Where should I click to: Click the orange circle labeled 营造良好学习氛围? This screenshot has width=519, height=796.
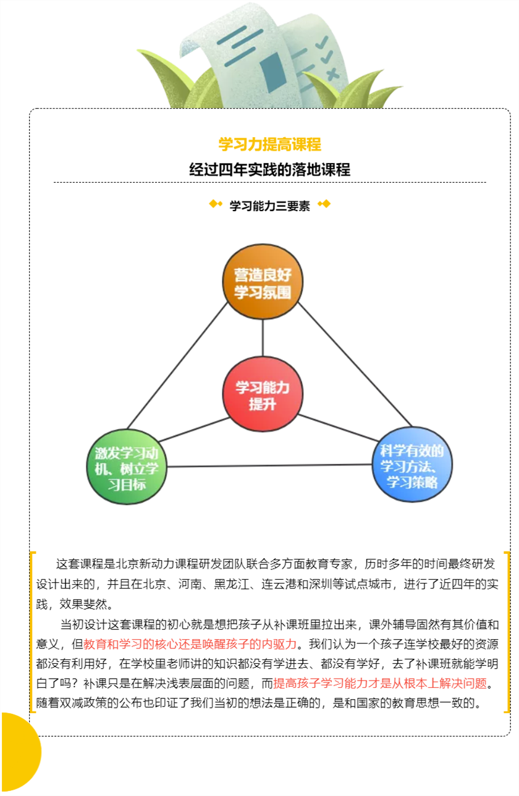263,281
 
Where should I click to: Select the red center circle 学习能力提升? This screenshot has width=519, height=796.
263,394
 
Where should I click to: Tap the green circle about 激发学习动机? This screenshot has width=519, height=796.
127,467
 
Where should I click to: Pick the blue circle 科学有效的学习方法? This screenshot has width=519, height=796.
412,464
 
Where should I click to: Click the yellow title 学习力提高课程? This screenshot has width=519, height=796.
270,145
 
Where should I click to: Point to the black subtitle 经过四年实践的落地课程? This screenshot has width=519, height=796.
270,169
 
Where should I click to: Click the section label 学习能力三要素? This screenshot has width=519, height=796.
270,206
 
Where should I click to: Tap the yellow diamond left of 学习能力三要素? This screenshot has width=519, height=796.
216,204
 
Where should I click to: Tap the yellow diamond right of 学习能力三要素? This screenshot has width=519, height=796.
324,204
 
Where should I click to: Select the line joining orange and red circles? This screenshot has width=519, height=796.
263,338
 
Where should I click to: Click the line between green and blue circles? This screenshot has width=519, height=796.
269,466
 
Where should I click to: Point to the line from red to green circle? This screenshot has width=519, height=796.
194,430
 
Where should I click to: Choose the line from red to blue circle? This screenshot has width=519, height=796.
338,427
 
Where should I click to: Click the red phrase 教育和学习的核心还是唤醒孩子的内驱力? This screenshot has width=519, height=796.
190,644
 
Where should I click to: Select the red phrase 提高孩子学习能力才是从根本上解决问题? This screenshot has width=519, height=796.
380,683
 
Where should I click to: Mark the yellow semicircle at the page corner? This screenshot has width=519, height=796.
20,752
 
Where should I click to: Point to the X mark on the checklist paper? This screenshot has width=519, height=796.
333,74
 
